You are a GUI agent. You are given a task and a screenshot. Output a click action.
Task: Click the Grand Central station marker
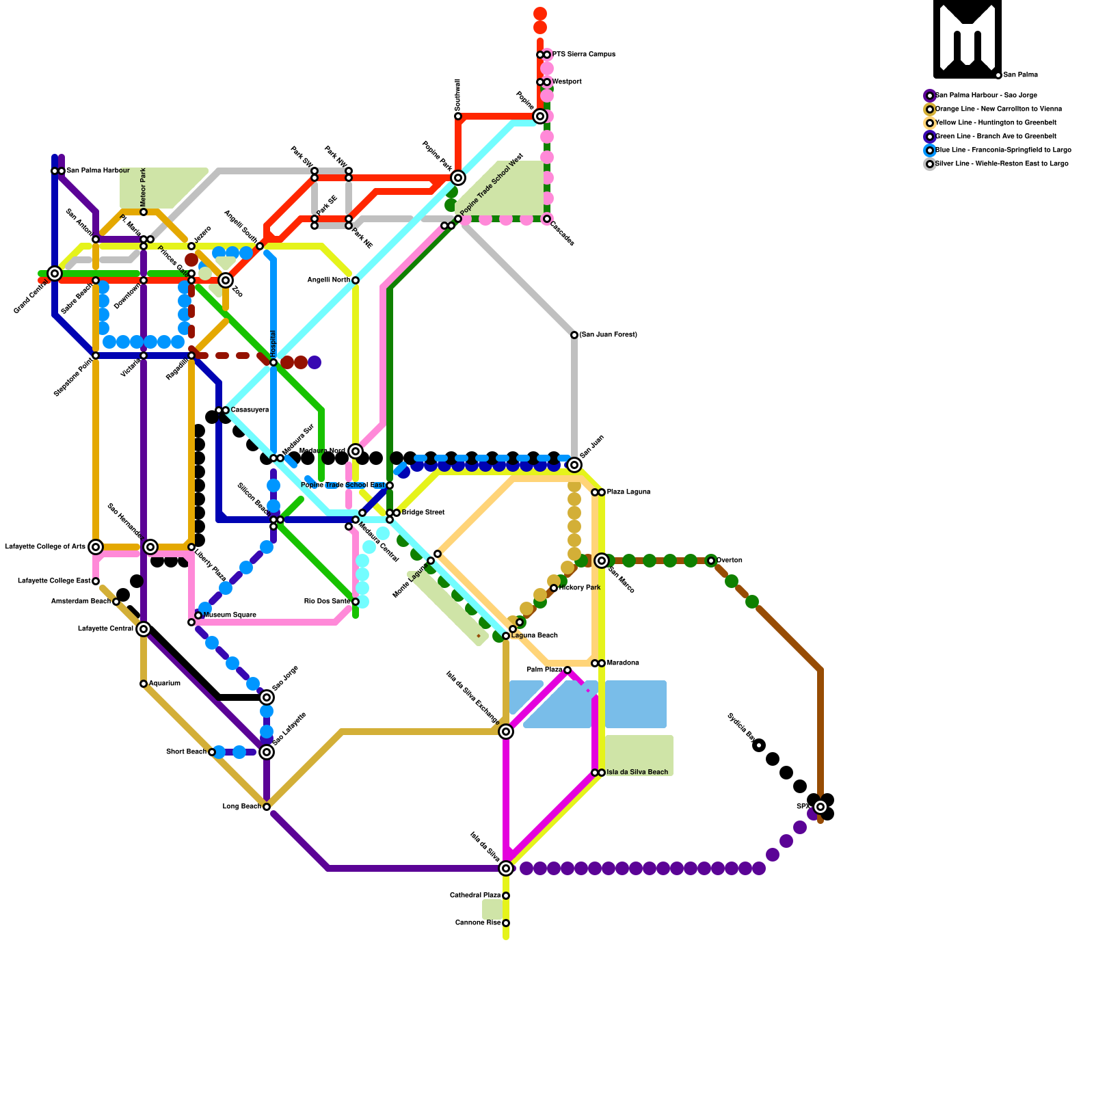pyautogui.click(x=55, y=273)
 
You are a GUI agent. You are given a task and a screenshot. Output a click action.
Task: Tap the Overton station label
pyautogui.click(x=729, y=561)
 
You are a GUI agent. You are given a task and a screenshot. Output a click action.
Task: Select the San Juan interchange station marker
pyautogui.click(x=574, y=465)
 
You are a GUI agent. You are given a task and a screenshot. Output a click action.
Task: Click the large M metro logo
pyautogui.click(x=967, y=38)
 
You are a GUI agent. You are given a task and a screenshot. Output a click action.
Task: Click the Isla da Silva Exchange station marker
pyautogui.click(x=506, y=732)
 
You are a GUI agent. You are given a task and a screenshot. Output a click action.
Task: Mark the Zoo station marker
pyautogui.click(x=226, y=280)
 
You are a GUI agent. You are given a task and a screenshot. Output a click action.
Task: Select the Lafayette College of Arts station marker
pyautogui.click(x=96, y=547)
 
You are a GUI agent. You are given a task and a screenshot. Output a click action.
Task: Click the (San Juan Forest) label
pyautogui.click(x=608, y=335)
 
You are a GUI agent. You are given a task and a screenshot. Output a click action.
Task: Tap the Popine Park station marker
pyautogui.click(x=458, y=178)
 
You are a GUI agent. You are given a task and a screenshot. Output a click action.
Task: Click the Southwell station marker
pyautogui.click(x=458, y=116)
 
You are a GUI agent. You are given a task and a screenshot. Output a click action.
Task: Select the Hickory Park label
pyautogui.click(x=580, y=588)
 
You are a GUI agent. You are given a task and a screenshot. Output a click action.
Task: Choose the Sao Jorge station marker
pyautogui.click(x=267, y=697)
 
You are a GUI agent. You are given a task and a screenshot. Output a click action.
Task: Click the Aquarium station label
pyautogui.click(x=164, y=684)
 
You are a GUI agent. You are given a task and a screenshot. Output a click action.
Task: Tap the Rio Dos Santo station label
pyautogui.click(x=327, y=602)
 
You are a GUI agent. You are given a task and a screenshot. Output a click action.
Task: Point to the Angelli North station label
pyautogui.click(x=328, y=280)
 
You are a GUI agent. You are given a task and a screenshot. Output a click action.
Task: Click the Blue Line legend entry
pyautogui.click(x=1002, y=150)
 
